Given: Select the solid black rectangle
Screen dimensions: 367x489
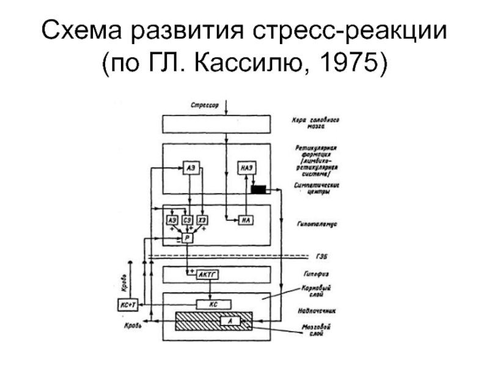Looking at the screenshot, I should click(259, 189).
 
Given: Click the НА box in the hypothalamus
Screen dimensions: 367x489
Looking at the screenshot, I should click(246, 220).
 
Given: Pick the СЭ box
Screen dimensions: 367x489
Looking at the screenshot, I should click(187, 220).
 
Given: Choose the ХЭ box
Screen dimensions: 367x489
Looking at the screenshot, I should click(203, 220).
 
